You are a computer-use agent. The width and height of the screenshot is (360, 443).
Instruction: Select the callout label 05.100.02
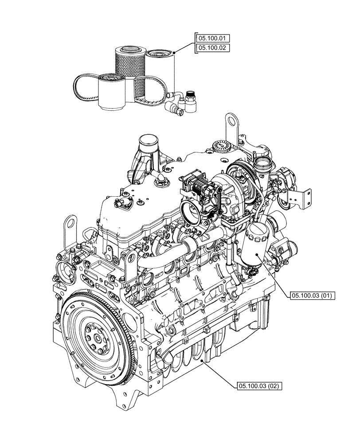[212, 48]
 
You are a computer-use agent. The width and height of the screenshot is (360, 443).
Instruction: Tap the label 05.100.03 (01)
[313, 295]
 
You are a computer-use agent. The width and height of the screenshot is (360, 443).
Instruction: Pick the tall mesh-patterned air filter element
[130, 66]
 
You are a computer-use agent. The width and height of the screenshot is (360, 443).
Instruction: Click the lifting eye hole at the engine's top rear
[231, 120]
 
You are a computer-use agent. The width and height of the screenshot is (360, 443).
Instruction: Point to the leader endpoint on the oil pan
[203, 361]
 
